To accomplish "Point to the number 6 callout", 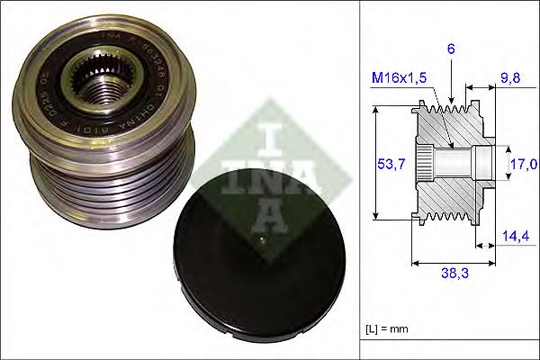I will point(451,52).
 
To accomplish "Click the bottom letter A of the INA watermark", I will point(269,216).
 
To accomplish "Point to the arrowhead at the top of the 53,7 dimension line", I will point(374,109).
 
